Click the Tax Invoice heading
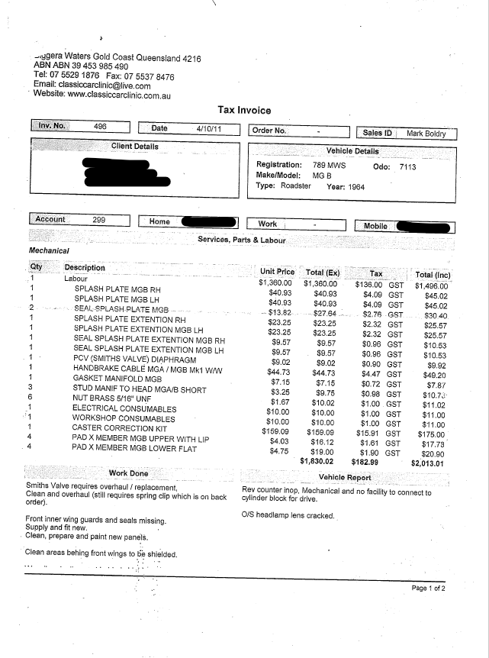(244, 110)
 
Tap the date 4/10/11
(208, 129)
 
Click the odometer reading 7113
(407, 166)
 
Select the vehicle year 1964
(352, 186)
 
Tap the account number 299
(98, 220)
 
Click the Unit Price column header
(277, 272)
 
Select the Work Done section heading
(129, 473)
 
